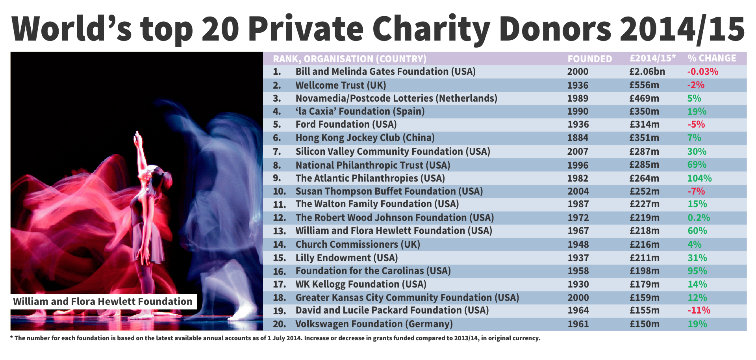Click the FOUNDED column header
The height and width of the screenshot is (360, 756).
(x=589, y=59)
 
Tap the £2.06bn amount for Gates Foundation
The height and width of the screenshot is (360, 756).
(x=647, y=72)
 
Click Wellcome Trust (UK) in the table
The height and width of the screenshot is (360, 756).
(x=341, y=85)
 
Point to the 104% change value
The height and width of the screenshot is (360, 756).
(x=699, y=178)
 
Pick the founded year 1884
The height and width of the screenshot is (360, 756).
(x=578, y=138)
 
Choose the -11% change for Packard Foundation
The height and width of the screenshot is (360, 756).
(x=699, y=310)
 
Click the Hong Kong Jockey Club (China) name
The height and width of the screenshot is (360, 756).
(x=365, y=138)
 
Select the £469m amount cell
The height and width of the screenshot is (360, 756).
(x=644, y=98)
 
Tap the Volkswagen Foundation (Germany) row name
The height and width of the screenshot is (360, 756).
(x=374, y=324)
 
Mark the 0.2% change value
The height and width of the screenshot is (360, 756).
(x=699, y=218)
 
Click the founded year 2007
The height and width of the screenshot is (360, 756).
(x=578, y=152)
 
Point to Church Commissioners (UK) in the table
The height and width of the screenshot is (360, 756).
(x=358, y=245)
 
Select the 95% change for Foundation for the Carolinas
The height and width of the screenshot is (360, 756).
(x=697, y=271)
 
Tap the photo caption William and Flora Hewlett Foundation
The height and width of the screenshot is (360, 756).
(x=102, y=302)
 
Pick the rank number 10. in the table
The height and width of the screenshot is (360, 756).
(x=279, y=191)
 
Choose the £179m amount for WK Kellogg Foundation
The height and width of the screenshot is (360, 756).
(x=644, y=284)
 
